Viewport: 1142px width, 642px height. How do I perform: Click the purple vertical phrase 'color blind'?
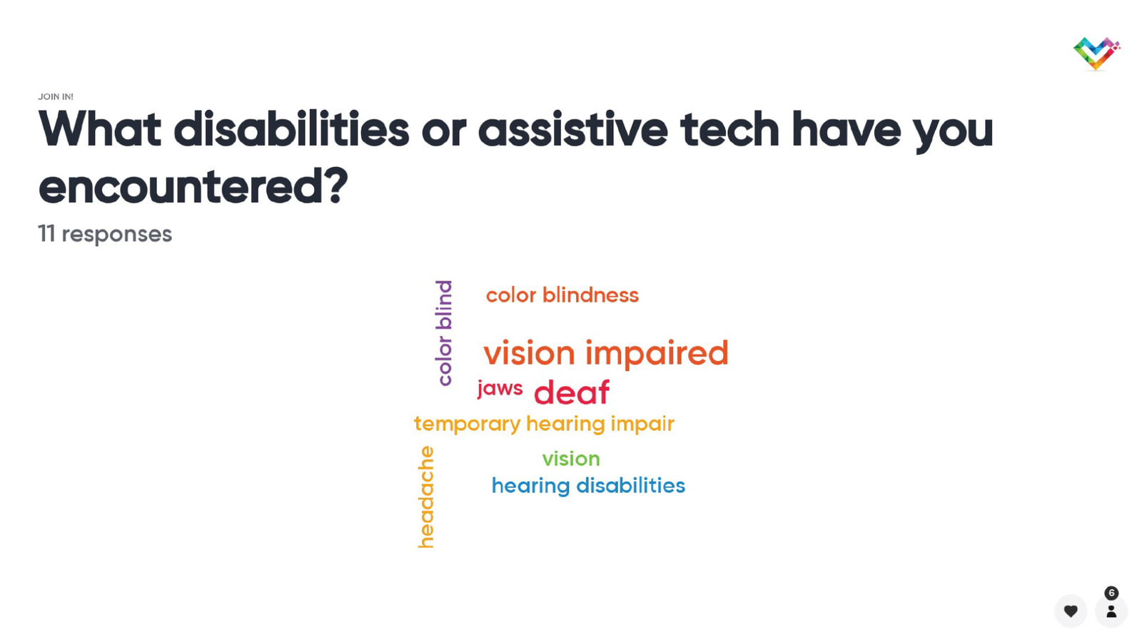point(444,332)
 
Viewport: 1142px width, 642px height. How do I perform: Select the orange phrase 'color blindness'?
point(562,295)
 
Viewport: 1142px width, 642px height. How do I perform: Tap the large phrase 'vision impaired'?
point(606,353)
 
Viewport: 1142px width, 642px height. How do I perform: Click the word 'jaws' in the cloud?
point(500,389)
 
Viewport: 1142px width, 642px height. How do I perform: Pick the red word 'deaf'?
point(572,392)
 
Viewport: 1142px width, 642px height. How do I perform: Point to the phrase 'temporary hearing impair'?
point(545,424)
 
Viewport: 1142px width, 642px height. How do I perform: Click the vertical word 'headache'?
point(426,497)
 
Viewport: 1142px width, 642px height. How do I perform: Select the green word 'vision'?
point(571,459)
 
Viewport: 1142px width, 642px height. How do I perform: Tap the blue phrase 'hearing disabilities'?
point(588,486)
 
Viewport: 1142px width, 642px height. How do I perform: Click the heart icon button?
point(1071,611)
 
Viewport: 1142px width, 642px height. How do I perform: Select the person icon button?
point(1111,611)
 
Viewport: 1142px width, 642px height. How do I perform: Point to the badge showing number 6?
point(1111,593)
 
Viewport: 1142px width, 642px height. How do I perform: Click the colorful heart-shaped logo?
point(1096,53)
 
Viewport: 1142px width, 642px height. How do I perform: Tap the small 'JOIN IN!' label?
point(56,97)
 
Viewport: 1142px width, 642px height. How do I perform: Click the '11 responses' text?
point(105,235)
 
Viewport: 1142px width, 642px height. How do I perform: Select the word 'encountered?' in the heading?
point(193,187)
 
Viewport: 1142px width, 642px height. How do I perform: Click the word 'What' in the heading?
point(100,129)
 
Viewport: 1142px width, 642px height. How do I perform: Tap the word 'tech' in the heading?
point(730,129)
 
